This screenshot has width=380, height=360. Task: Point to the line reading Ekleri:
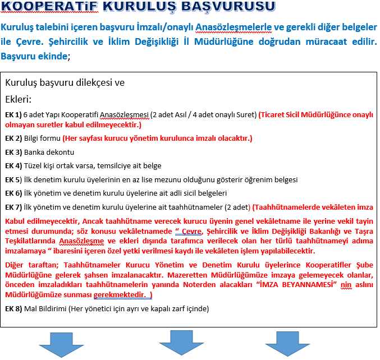[x=18, y=100]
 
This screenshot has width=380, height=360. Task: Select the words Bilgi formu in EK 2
[x=42, y=138]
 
